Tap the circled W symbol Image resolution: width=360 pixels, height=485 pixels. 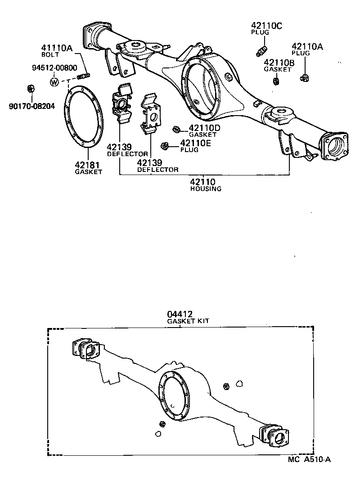coord(54,82)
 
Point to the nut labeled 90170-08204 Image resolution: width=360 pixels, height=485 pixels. coord(31,87)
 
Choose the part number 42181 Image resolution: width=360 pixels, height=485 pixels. coord(88,164)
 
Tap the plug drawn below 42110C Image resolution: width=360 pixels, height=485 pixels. coord(261,51)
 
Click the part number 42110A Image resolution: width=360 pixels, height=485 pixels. coord(307,46)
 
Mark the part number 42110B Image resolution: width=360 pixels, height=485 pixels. coord(279,63)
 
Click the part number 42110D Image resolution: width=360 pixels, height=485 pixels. coord(204,128)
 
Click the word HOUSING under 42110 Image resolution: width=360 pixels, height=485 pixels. coord(205,189)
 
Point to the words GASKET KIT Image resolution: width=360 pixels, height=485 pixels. coord(188,321)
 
